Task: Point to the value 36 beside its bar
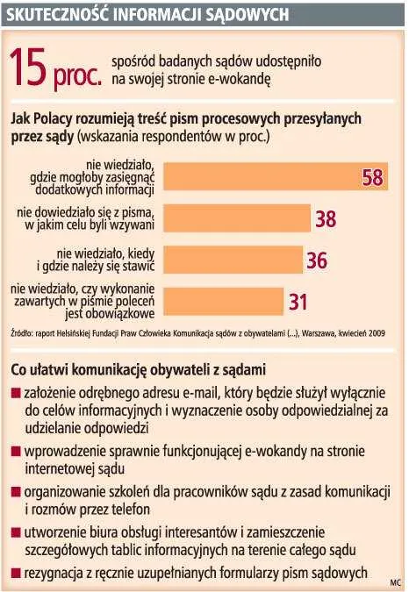pyautogui.click(x=316, y=260)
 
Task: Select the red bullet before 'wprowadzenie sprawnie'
pyautogui.click(x=15, y=451)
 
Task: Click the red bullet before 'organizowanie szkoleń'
pyautogui.click(x=15, y=492)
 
